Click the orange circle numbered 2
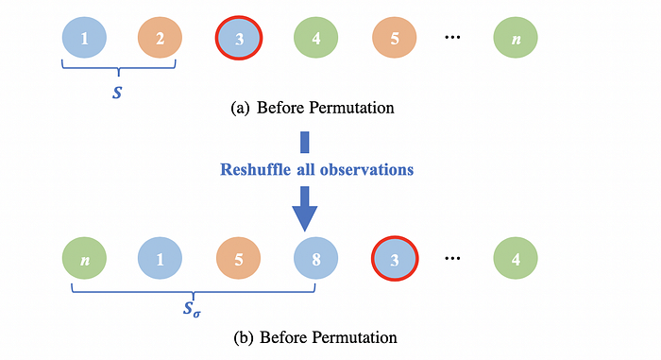click(160, 38)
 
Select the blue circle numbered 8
click(315, 258)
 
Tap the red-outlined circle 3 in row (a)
click(239, 38)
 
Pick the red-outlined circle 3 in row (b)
click(395, 258)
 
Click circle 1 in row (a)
click(84, 38)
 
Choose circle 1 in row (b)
click(160, 258)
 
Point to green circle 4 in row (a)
click(315, 38)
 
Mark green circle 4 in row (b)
click(516, 258)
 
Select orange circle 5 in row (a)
click(394, 38)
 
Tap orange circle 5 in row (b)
click(238, 258)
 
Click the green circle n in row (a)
click(516, 38)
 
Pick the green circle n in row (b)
click(84, 258)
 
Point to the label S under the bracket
click(117, 93)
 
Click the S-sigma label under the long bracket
click(192, 309)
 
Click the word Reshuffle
click(256, 170)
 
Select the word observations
click(366, 170)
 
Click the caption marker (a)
click(240, 108)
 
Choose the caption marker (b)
click(244, 337)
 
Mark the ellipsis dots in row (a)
click(452, 38)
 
